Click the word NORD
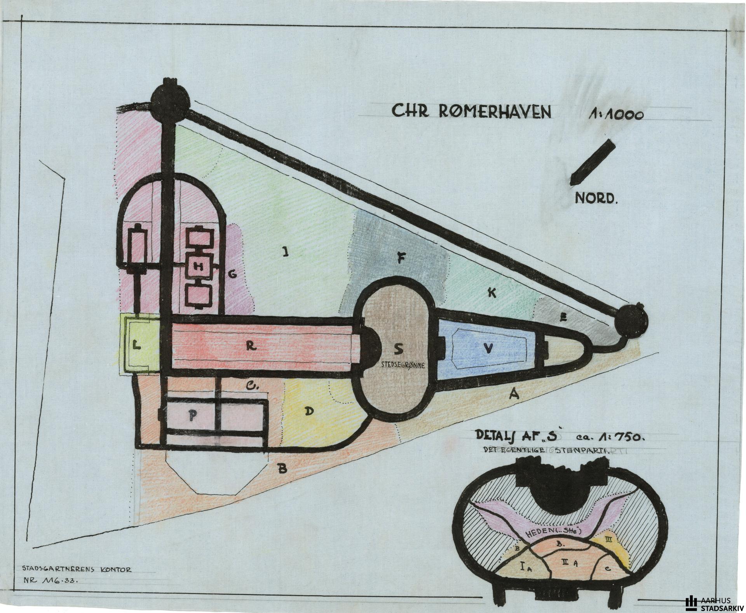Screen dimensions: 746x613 coord(596,199)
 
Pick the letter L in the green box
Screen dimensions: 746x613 coord(136,344)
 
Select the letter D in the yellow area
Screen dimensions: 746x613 coord(309,411)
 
